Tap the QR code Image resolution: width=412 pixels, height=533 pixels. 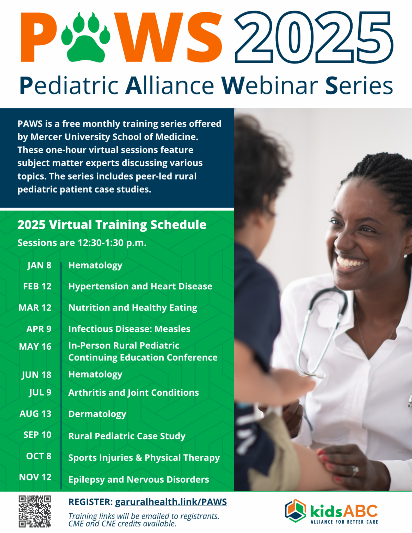(35, 511)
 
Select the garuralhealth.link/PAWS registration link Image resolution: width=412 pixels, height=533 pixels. (171, 502)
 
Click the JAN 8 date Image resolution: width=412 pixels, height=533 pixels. (39, 265)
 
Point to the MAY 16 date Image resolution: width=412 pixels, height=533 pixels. (35, 347)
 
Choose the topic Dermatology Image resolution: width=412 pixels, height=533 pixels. (97, 414)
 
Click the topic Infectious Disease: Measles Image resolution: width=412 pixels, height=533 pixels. (129, 329)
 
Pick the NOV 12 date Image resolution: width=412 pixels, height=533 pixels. (35, 477)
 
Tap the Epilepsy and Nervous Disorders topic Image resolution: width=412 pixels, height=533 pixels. (139, 479)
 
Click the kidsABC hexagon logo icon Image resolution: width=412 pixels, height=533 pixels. (296, 511)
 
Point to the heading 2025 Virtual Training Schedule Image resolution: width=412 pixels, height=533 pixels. (112, 225)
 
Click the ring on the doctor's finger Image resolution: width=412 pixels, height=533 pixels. (355, 471)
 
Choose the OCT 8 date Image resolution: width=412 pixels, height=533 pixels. (39, 456)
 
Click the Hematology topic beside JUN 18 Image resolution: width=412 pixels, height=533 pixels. (95, 374)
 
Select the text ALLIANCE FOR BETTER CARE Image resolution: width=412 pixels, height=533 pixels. (344, 522)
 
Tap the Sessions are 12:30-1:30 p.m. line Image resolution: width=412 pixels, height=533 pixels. (82, 243)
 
